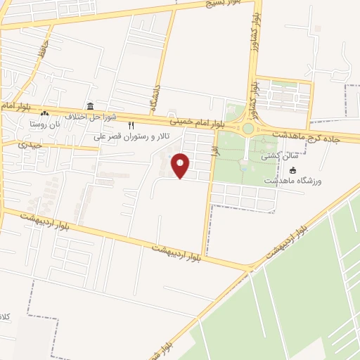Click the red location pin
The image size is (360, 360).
click(181, 166)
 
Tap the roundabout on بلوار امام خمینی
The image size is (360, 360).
click(248, 129)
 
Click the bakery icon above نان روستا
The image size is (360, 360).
click(46, 112)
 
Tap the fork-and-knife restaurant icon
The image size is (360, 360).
click(131, 125)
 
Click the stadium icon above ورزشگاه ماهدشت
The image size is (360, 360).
click(292, 171)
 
